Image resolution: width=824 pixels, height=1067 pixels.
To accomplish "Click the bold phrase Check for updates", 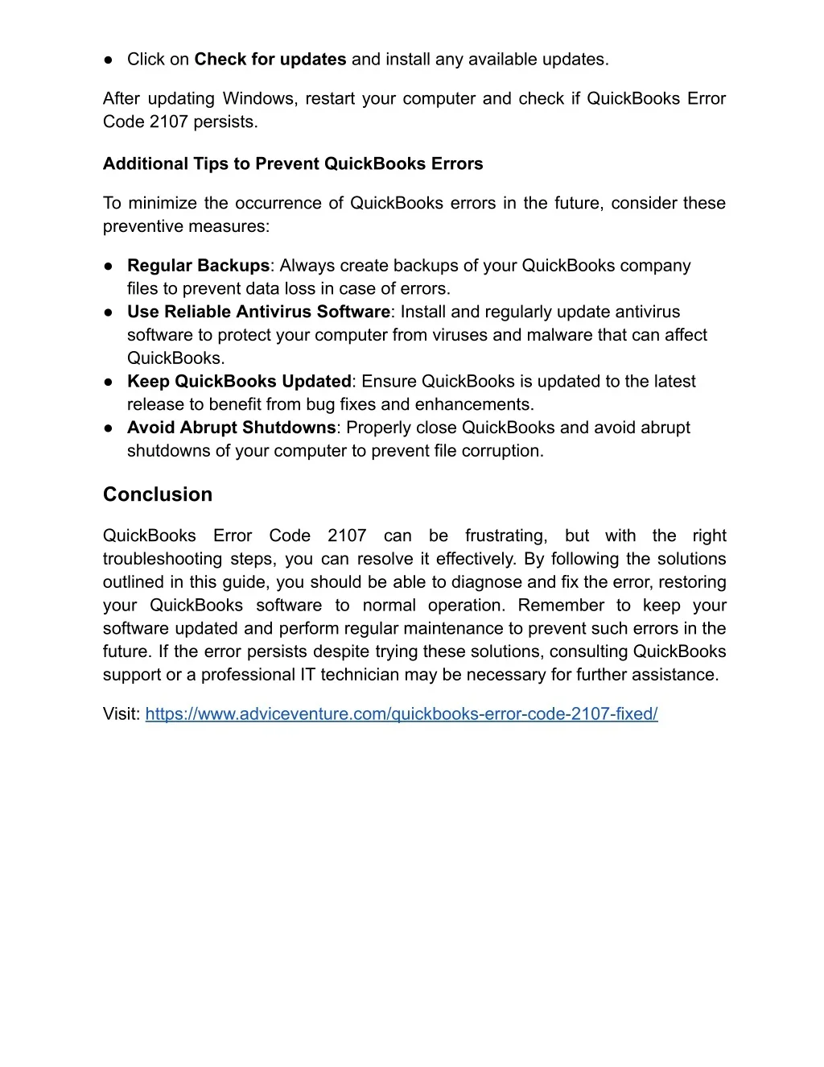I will (x=270, y=59).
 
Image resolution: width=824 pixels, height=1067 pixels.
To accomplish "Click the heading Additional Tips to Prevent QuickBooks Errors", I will (x=293, y=163).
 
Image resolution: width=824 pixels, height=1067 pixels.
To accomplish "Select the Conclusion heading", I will (x=158, y=494).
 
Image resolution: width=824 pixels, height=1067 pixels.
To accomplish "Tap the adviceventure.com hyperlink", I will (x=402, y=713).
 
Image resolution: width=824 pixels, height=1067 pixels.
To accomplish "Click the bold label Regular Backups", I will (x=198, y=266).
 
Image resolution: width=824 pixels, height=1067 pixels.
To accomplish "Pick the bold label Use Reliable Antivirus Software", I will (x=258, y=312).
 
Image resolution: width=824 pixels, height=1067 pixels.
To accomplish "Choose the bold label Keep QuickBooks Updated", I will (x=239, y=381).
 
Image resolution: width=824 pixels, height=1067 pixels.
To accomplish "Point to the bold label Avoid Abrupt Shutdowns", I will (x=231, y=428).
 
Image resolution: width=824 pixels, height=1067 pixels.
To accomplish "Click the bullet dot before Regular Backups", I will (x=108, y=266).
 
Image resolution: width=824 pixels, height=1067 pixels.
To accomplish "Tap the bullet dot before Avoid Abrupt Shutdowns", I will (x=108, y=428).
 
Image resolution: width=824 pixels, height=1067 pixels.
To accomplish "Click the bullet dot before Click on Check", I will (x=108, y=59).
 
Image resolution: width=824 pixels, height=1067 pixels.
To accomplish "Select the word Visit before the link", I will (x=122, y=713).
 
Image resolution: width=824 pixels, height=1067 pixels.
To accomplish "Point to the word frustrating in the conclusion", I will (x=506, y=536).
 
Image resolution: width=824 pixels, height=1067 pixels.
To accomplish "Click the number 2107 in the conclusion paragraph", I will (x=347, y=536).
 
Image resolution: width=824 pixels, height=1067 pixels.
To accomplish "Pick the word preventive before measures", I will (x=143, y=226).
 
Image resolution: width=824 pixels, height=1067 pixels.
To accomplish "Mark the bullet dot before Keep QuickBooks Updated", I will (x=108, y=381).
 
